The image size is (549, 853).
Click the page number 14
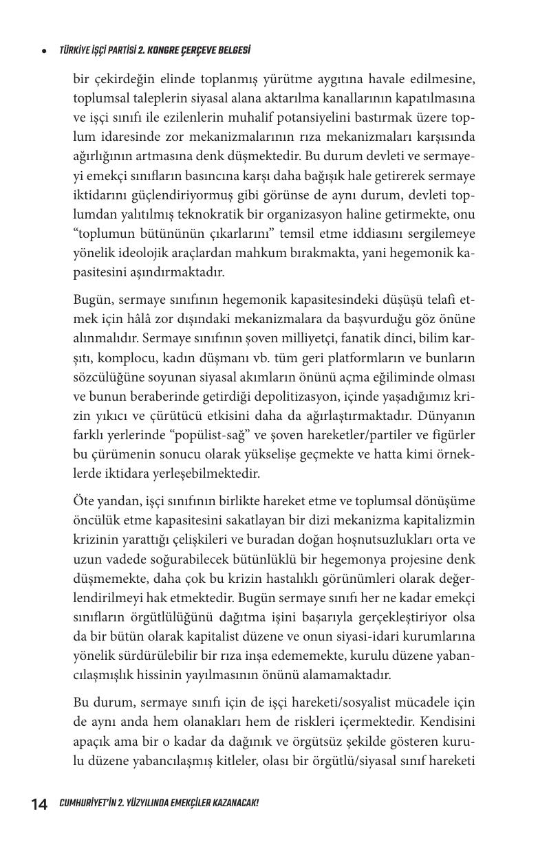(39, 804)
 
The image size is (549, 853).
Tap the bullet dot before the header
(44, 51)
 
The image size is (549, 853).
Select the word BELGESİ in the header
(230, 50)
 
